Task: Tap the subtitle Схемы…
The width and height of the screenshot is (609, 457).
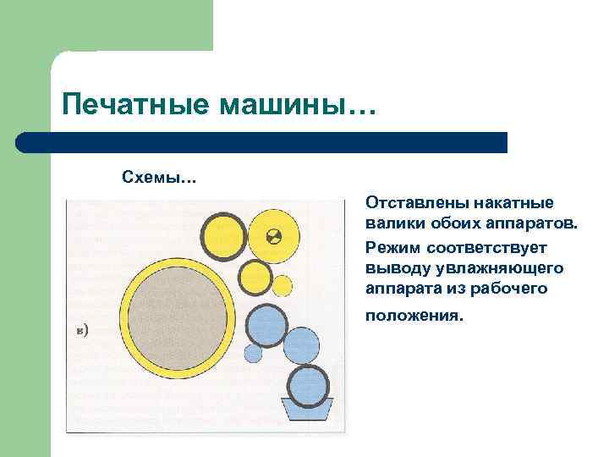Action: click(159, 178)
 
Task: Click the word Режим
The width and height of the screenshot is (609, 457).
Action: click(392, 247)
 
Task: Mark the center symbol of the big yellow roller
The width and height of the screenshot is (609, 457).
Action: click(273, 236)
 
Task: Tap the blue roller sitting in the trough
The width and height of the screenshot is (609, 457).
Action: click(308, 386)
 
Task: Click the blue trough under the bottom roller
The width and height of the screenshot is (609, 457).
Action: click(306, 412)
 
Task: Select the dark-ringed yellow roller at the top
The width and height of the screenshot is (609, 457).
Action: click(223, 234)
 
